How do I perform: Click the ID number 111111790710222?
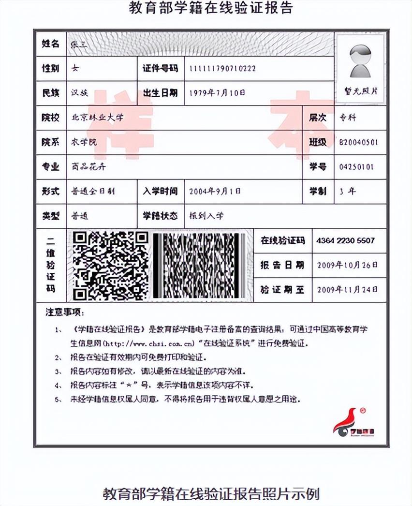222,68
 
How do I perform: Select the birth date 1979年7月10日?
217,92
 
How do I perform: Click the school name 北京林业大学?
98,118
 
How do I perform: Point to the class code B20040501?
359,143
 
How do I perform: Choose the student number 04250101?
356,167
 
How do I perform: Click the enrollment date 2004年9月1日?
215,191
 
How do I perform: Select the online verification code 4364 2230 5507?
345,240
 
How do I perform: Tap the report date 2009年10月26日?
347,265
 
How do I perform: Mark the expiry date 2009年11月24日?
347,290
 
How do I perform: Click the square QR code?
110,266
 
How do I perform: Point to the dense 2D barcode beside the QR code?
199,266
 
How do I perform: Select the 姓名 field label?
50,44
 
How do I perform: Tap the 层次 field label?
318,118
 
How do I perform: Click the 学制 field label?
318,191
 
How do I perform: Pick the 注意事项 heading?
65,312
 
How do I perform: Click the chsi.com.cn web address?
149,344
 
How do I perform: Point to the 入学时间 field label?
160,191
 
